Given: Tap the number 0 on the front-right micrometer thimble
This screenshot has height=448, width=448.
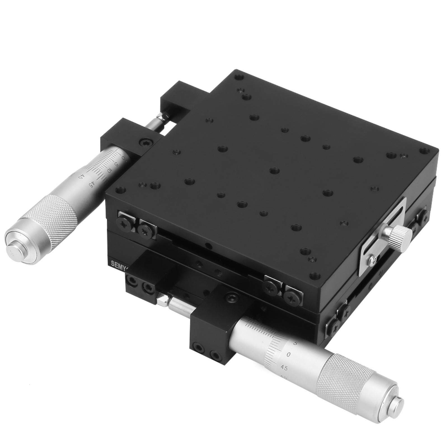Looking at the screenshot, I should [x=288, y=355].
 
